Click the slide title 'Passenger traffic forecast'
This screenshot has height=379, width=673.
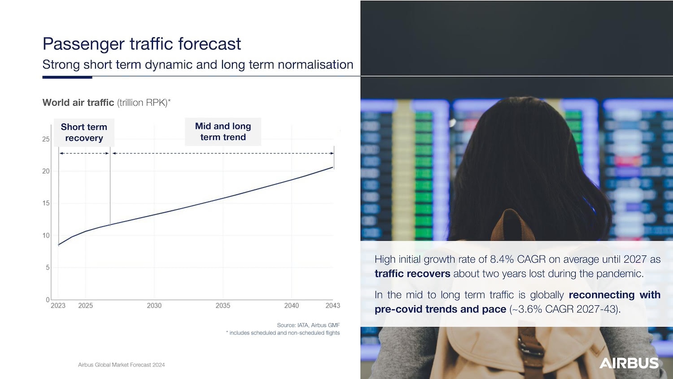(x=142, y=44)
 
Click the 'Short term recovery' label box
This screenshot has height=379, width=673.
(x=84, y=132)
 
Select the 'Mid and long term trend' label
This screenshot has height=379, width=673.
(x=223, y=132)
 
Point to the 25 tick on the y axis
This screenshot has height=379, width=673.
(x=46, y=139)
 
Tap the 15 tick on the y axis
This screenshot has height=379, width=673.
(x=46, y=203)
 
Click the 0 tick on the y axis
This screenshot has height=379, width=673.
(x=48, y=300)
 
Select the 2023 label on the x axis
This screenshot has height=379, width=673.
(x=58, y=306)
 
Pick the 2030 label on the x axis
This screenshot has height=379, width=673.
(x=154, y=306)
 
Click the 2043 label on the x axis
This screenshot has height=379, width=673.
(x=333, y=306)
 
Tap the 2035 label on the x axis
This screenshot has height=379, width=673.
(x=223, y=306)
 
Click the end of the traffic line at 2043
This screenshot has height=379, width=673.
(x=333, y=167)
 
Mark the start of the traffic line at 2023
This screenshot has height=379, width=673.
(x=59, y=245)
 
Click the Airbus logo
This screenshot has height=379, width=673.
(x=629, y=363)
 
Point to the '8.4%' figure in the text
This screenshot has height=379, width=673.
(x=501, y=259)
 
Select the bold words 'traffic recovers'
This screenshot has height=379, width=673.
(x=412, y=274)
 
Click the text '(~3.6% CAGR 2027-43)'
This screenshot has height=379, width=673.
(x=565, y=309)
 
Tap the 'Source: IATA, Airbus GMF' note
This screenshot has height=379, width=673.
(x=308, y=325)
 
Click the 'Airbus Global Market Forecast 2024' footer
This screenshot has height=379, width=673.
(x=122, y=365)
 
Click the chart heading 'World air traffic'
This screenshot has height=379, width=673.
(x=79, y=102)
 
